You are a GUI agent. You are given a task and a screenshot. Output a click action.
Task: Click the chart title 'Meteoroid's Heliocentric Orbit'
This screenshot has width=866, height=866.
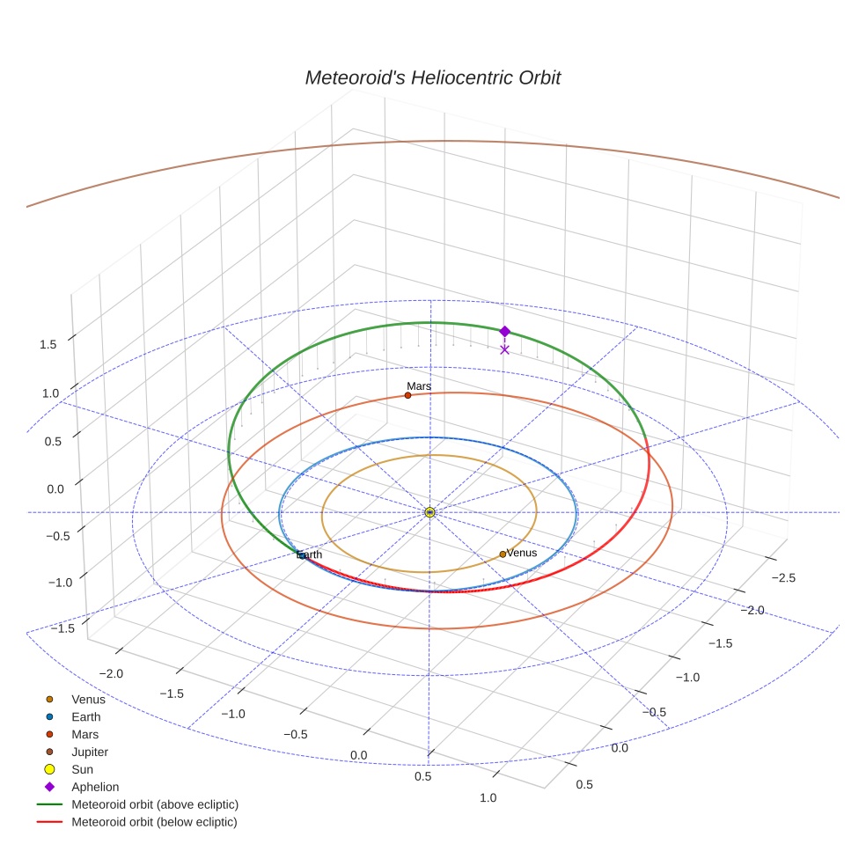point(432,77)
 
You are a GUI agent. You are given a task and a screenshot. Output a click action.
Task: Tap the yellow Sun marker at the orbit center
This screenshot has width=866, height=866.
point(429,512)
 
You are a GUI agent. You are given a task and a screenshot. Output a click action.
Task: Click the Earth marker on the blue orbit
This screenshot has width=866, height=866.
point(301,555)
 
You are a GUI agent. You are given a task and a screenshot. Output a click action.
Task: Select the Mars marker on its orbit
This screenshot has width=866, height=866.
point(407,395)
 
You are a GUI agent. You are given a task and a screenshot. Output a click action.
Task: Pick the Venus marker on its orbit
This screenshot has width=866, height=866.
point(503,554)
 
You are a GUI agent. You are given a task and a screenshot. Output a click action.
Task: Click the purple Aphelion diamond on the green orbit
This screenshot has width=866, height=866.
point(504,331)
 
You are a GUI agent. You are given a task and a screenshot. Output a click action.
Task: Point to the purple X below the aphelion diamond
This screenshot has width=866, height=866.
point(504,349)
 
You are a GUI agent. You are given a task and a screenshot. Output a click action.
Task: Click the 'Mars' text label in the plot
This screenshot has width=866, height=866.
point(419,386)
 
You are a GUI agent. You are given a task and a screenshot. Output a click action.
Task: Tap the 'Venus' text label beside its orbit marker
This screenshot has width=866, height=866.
point(522,553)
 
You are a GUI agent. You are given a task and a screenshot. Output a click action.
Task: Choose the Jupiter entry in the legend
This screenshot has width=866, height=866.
point(89,752)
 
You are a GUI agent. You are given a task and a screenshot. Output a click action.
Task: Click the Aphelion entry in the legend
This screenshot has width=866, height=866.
point(94,787)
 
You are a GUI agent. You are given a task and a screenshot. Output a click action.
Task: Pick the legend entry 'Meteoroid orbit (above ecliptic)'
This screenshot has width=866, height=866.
point(155,804)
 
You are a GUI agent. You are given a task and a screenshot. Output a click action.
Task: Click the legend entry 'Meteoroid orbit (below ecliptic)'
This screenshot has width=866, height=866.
point(154,822)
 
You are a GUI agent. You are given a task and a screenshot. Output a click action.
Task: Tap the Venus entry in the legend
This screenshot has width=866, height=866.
point(88,699)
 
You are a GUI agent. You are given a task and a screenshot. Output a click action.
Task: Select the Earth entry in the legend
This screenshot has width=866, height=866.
point(85,716)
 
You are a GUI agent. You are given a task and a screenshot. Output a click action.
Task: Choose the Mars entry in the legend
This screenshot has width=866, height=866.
point(84,734)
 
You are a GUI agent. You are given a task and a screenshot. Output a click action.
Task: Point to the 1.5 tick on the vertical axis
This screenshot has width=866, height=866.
point(48,344)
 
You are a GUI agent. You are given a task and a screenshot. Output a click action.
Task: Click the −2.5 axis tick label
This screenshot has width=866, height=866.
point(782,577)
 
